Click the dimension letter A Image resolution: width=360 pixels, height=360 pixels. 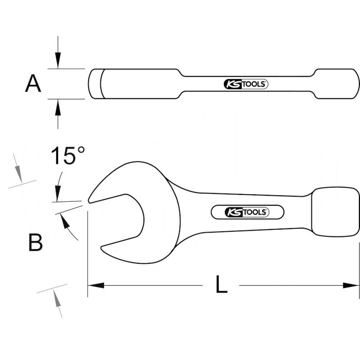pos(33,84)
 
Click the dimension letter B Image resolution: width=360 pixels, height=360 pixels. pos(35,243)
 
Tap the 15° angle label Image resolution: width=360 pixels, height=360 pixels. pos(67,156)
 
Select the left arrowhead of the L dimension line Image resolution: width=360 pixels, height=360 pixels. pos(95,285)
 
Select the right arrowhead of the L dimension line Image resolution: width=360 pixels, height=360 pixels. pos(351,285)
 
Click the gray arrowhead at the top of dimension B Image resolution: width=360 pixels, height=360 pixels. pos(18,171)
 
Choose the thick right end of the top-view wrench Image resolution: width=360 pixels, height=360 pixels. pos(337,84)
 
